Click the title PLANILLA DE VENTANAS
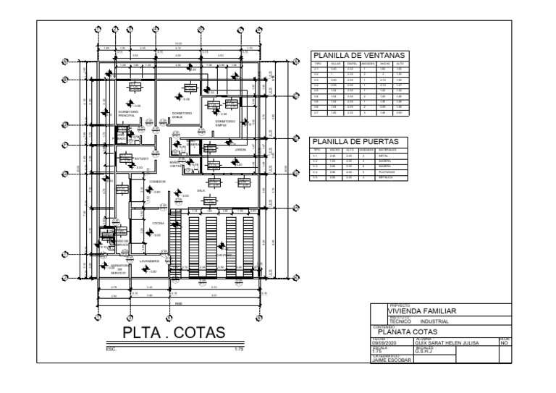(359, 55)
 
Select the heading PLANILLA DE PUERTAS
(355, 141)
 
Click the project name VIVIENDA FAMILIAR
(423, 312)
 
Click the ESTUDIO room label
(141, 156)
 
